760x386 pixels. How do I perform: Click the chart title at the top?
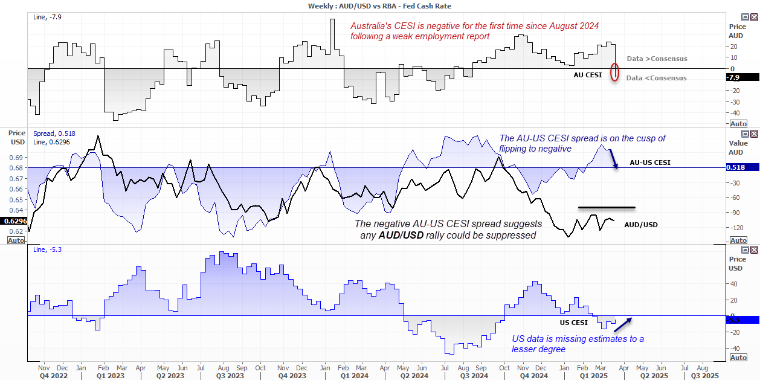(379, 5)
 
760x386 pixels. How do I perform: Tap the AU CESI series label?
(588, 75)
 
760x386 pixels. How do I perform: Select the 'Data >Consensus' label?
(657, 59)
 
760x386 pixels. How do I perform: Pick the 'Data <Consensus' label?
(656, 78)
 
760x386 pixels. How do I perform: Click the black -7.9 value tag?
(742, 77)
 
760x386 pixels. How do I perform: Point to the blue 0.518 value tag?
(742, 167)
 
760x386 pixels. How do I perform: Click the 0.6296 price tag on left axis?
(14, 221)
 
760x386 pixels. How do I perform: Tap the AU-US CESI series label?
(650, 162)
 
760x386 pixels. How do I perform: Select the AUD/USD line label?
(641, 225)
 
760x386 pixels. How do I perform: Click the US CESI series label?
(573, 323)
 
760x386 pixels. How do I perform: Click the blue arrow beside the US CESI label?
(623, 324)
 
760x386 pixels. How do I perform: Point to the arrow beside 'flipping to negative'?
(613, 158)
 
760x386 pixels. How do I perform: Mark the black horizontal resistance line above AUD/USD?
(607, 208)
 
